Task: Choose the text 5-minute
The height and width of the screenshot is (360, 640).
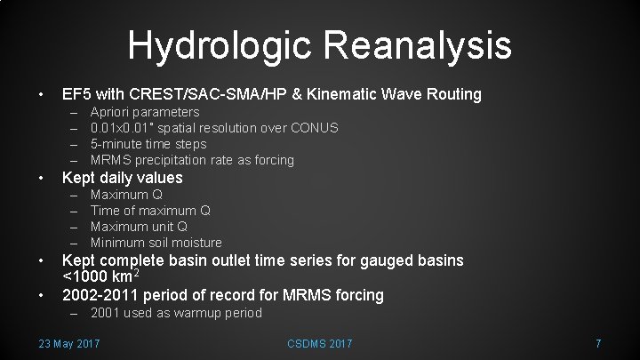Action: pos(119,144)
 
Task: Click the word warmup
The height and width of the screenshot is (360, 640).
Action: pos(178,312)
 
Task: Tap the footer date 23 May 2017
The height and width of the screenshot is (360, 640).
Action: pos(69,343)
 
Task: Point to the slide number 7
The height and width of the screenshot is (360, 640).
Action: pos(599,343)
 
